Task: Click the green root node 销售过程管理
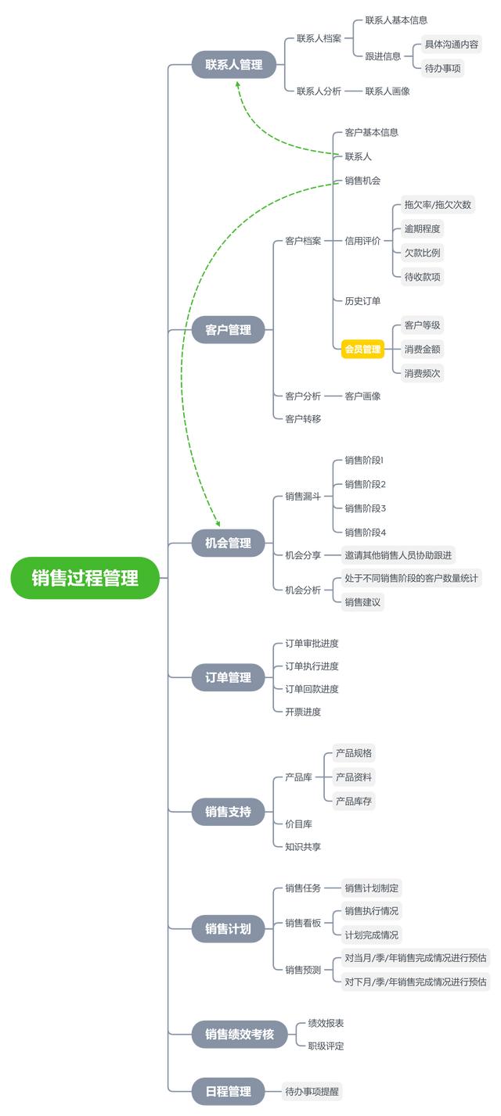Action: [85, 578]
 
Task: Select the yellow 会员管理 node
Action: [362, 349]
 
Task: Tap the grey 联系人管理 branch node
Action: [234, 65]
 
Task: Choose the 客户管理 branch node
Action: [229, 330]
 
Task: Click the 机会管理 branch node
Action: [229, 543]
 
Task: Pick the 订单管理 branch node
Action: [229, 677]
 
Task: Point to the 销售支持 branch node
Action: [229, 812]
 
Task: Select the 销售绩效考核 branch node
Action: [240, 1034]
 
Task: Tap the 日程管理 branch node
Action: [229, 1091]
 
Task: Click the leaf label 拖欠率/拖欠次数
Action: [438, 205]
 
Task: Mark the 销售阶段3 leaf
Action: [366, 508]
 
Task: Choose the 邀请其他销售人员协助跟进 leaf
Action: [397, 555]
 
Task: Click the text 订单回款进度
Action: [312, 689]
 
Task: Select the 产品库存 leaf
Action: [354, 801]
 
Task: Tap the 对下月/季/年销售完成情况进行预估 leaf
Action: [416, 981]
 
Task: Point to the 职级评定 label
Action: [326, 1046]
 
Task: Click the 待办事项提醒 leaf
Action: [313, 1091]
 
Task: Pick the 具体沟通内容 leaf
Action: [452, 44]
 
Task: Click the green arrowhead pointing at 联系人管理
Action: [238, 84]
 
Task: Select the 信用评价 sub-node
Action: [362, 241]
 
